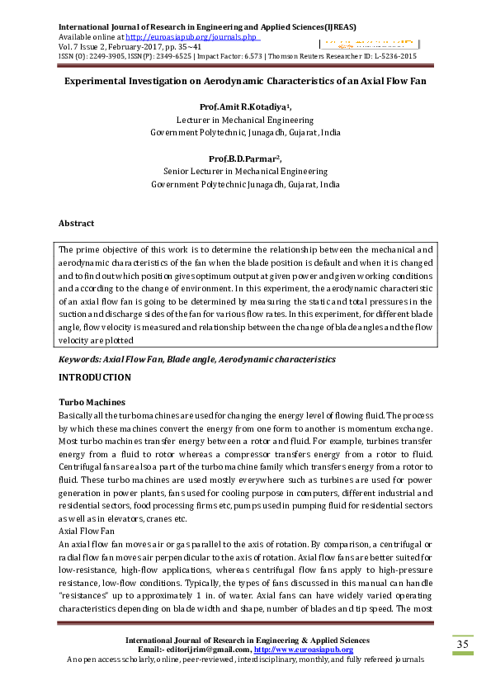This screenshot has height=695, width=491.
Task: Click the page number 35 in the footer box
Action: pos(462,644)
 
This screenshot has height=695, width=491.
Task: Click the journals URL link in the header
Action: pos(194,37)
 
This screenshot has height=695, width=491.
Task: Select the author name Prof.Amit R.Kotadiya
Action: pos(244,107)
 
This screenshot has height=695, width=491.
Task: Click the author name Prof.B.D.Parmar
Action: pos(244,158)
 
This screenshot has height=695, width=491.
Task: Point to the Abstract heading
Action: pos(76,223)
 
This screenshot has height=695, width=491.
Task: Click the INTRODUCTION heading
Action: pos(94,377)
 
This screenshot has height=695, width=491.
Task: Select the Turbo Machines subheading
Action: pos(87,401)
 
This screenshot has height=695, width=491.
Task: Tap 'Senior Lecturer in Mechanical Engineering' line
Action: pos(245,172)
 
